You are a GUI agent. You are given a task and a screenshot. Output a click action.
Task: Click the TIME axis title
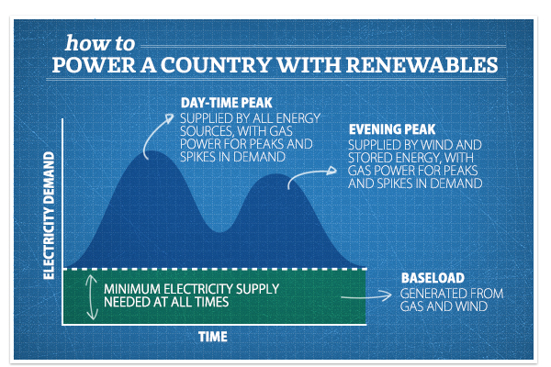(213, 337)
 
